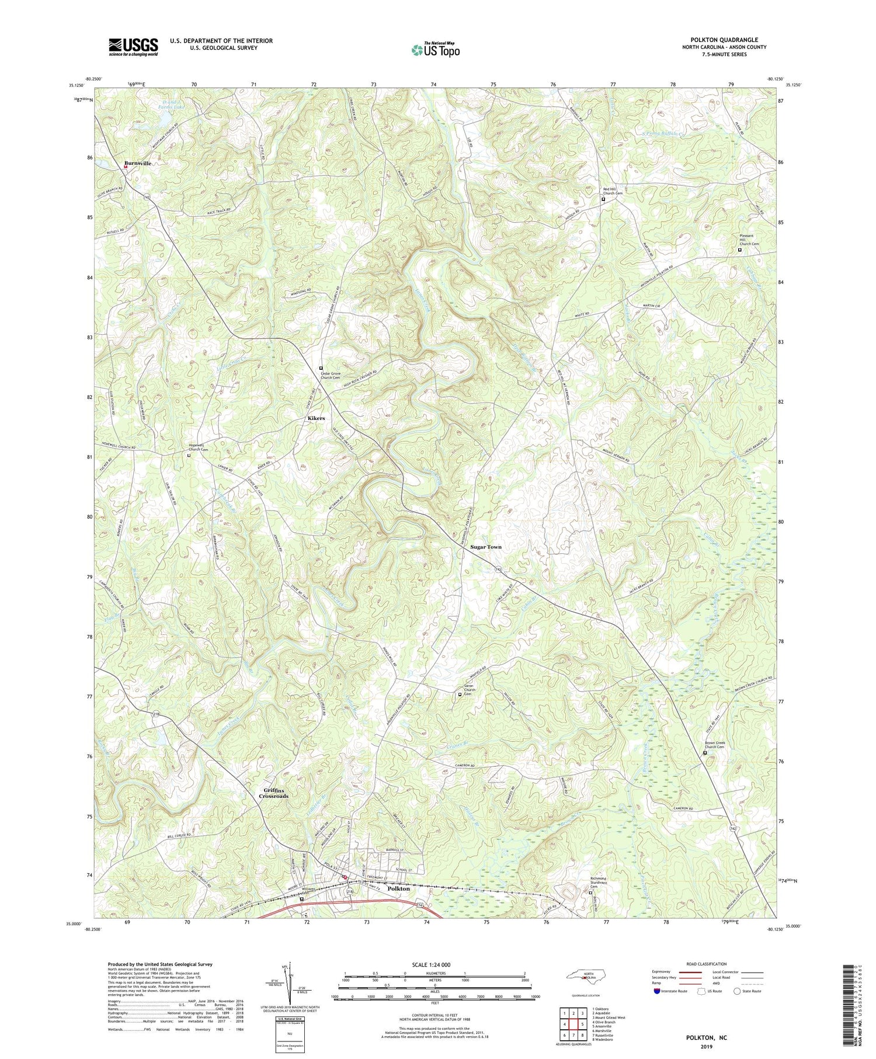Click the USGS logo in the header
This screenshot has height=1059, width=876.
[133, 47]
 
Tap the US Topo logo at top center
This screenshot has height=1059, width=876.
[435, 50]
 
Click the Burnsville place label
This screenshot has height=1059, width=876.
[137, 164]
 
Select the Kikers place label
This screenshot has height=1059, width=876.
[316, 419]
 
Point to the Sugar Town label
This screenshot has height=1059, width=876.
[486, 547]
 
